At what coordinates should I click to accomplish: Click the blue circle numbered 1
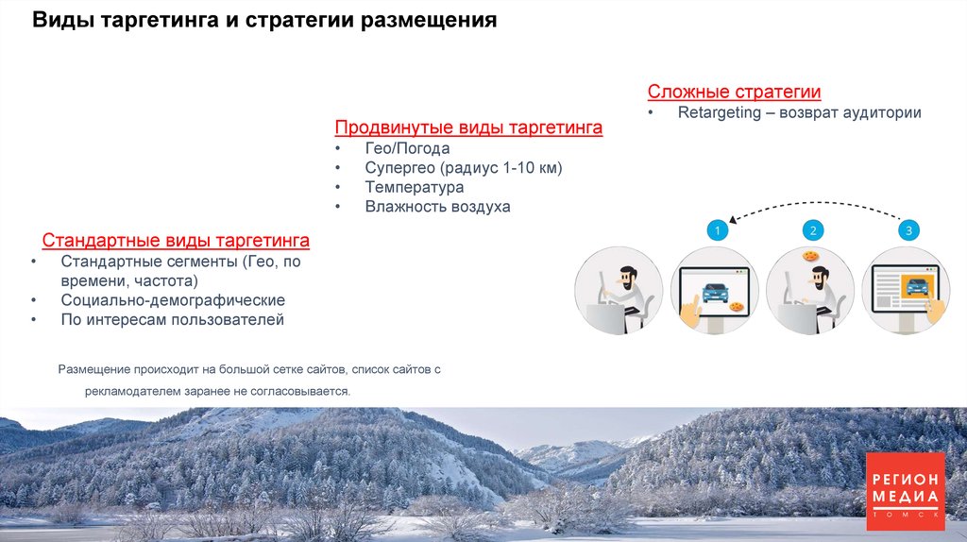[x=717, y=230]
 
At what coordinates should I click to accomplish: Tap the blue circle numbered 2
[x=812, y=230]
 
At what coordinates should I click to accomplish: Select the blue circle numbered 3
[x=908, y=230]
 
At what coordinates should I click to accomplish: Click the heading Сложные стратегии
[x=734, y=92]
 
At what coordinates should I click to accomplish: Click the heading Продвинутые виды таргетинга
[x=468, y=127]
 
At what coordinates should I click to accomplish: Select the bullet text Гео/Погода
[x=407, y=148]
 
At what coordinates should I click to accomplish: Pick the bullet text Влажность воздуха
[x=437, y=206]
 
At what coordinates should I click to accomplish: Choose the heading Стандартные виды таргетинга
[x=176, y=240]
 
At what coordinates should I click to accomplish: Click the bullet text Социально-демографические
[x=173, y=300]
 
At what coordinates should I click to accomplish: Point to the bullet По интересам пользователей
[x=172, y=320]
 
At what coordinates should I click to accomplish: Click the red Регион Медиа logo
[x=905, y=490]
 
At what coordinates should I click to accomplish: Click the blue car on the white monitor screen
[x=714, y=291]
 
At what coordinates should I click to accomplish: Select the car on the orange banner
[x=913, y=284]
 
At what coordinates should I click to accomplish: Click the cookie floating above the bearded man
[x=809, y=256]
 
